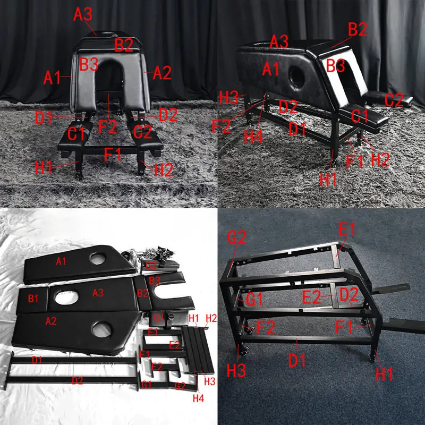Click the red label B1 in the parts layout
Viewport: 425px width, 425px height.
33,298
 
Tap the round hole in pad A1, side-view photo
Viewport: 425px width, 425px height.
295,73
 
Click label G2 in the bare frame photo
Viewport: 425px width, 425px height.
237,239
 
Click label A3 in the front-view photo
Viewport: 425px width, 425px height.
83,14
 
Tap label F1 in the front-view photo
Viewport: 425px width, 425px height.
113,156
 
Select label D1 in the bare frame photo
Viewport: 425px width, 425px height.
297,361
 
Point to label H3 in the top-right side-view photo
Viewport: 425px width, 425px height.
229,97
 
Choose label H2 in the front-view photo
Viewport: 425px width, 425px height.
163,170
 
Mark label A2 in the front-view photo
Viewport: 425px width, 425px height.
161,73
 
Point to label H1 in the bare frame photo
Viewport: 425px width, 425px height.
384,373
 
